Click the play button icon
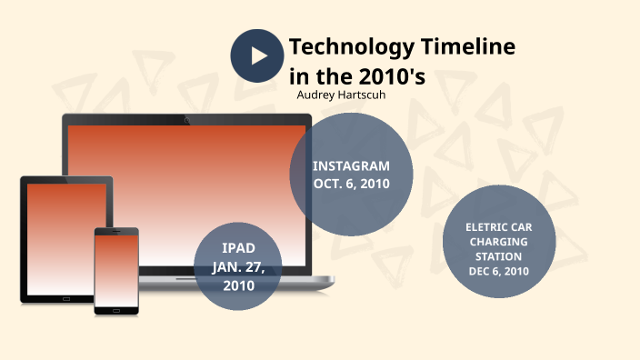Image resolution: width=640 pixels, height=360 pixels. pos(258,55)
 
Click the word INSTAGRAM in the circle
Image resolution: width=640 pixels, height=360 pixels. pos(351,166)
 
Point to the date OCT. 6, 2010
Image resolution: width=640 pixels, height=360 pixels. pos(351,184)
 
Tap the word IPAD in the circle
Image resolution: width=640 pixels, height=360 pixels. pos(238,248)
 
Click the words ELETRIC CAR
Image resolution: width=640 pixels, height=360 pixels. pos(497,226)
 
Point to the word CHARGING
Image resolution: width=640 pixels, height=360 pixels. pos(497,242)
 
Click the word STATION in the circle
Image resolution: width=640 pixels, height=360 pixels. pos(497,256)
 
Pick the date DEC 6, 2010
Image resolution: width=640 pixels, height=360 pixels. pos(497,272)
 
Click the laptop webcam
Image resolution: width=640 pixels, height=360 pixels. pos(186,119)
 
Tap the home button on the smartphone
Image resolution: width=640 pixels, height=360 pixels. pos(116,308)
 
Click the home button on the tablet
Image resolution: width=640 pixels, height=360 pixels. pos(66,297)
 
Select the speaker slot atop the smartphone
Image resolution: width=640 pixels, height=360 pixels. pos(116,232)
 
